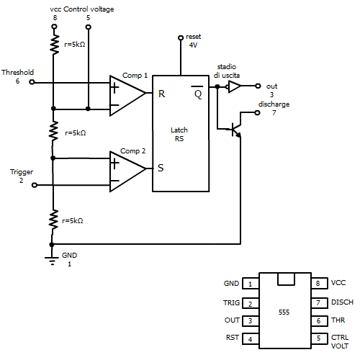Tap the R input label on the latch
162,94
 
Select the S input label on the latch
161,168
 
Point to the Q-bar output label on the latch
198,92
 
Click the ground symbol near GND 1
52,261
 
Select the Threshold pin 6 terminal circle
32,82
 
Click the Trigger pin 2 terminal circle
35,185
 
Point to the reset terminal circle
181,37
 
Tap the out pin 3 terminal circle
258,86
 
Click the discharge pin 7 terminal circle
257,112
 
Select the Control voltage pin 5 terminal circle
89,27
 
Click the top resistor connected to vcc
54,44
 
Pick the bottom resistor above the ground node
53,219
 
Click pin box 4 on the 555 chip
251,339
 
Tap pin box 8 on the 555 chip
320,283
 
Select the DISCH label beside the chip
342,302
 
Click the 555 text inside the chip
284,312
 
